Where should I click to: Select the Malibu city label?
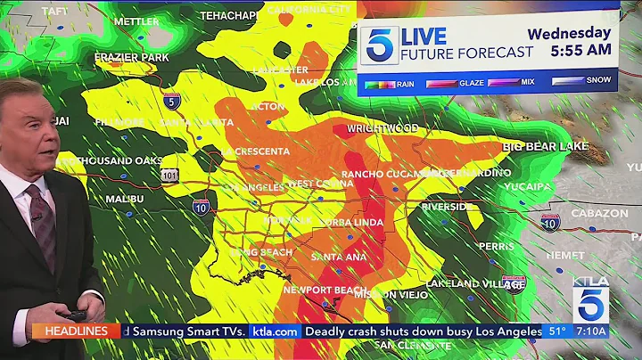coord(125,199)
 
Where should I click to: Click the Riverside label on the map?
coord(447,207)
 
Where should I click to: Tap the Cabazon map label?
coord(599,214)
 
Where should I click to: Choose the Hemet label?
coord(564,255)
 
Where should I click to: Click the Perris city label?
coord(496,246)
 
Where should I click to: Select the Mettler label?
coord(136,21)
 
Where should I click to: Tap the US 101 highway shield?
coord(170,176)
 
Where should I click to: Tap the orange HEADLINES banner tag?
coord(76,331)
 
